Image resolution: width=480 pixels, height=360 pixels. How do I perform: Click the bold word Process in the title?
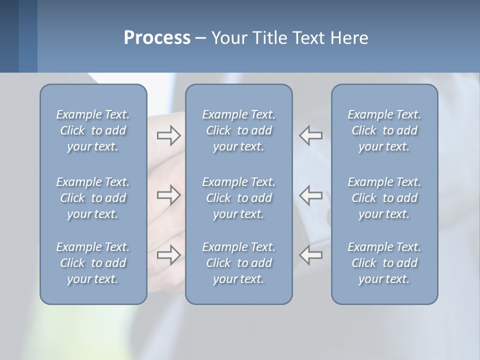coord(157,38)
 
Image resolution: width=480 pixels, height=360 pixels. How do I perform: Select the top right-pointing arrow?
coord(168,135)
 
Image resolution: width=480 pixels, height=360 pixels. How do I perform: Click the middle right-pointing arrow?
coord(168,195)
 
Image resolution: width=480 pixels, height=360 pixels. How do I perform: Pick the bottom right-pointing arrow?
coord(168,254)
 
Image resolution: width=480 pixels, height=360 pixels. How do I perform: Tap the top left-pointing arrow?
coord(311,135)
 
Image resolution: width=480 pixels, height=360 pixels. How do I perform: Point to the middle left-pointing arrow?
coord(311,195)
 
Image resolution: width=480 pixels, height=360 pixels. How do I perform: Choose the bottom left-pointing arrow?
coord(311,254)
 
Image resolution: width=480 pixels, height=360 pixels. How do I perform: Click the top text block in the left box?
coord(93,130)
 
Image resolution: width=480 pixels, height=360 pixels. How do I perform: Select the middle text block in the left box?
coord(93,198)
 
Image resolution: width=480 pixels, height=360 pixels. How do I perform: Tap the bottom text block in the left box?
coord(93,263)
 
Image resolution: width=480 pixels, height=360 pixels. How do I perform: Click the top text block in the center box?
coord(238,130)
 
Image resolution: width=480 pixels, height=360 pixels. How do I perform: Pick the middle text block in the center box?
coord(238,198)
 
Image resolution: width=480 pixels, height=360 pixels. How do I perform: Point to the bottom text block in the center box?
coord(238,263)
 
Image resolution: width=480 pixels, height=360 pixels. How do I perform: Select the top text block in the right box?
coord(384,130)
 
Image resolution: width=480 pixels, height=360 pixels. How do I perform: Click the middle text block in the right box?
coord(384,198)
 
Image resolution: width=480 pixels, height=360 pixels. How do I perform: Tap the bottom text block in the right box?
coord(384,263)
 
